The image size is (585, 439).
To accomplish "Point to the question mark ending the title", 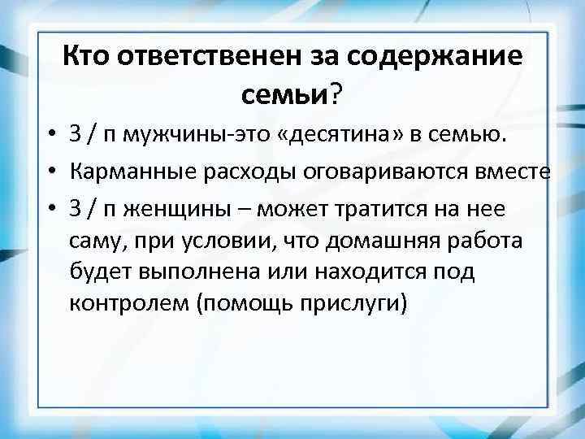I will [x=336, y=96].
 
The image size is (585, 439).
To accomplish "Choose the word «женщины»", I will [x=175, y=210].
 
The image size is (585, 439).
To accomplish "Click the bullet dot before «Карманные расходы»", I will [x=50, y=174].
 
